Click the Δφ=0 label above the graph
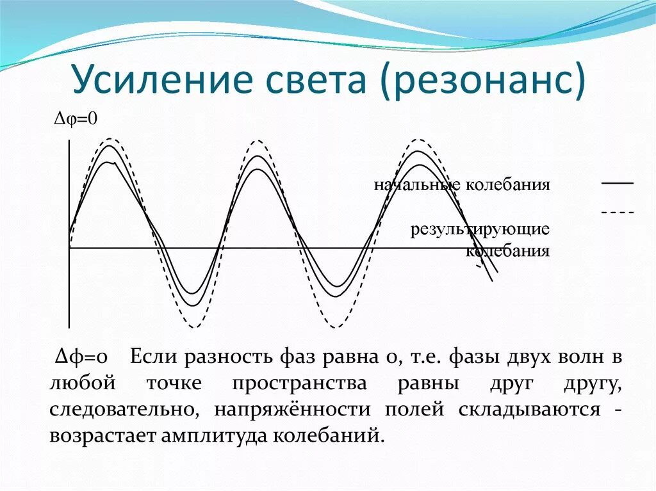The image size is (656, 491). (x=75, y=119)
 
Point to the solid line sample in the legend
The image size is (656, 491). (x=617, y=184)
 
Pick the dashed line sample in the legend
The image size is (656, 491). (x=617, y=212)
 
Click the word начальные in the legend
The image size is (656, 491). (x=418, y=185)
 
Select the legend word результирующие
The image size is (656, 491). (x=480, y=229)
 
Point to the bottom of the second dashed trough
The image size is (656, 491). (x=334, y=327)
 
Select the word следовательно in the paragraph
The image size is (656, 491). (x=124, y=410)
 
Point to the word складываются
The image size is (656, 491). (x=529, y=410)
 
